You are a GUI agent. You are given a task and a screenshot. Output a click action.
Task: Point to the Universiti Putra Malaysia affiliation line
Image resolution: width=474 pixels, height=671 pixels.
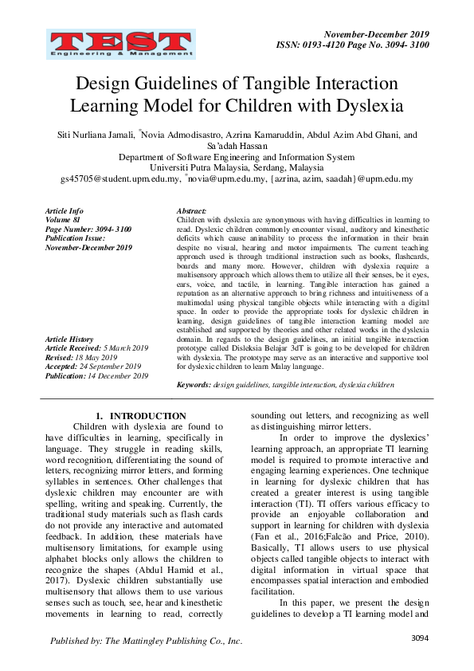click(237, 168)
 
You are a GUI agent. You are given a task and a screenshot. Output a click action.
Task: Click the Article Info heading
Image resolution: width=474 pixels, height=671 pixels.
click(65, 211)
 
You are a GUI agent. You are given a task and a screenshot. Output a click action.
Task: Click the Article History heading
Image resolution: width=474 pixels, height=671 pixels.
click(69, 339)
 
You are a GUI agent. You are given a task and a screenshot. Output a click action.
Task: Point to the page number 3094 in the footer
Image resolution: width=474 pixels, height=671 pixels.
click(420, 638)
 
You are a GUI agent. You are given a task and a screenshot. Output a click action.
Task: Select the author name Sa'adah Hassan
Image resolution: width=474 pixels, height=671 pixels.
click(237, 147)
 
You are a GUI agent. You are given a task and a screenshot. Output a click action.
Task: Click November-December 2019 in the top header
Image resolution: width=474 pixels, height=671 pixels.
click(377, 34)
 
